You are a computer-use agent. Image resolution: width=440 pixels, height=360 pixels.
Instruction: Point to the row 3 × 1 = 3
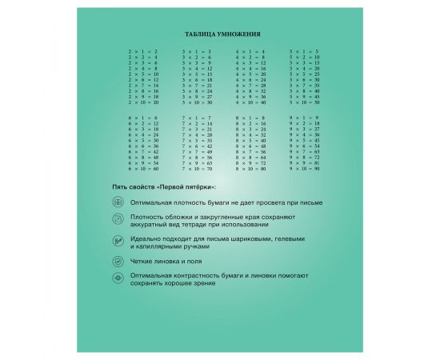coord(197,51)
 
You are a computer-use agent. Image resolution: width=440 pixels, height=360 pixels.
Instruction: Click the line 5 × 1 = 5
coord(303,51)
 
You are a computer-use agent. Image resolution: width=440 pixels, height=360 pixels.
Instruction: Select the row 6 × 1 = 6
coord(143,118)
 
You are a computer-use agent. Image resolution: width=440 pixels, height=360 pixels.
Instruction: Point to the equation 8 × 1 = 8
coord(250,118)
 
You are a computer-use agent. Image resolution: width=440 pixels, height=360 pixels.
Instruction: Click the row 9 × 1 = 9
coord(303,118)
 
